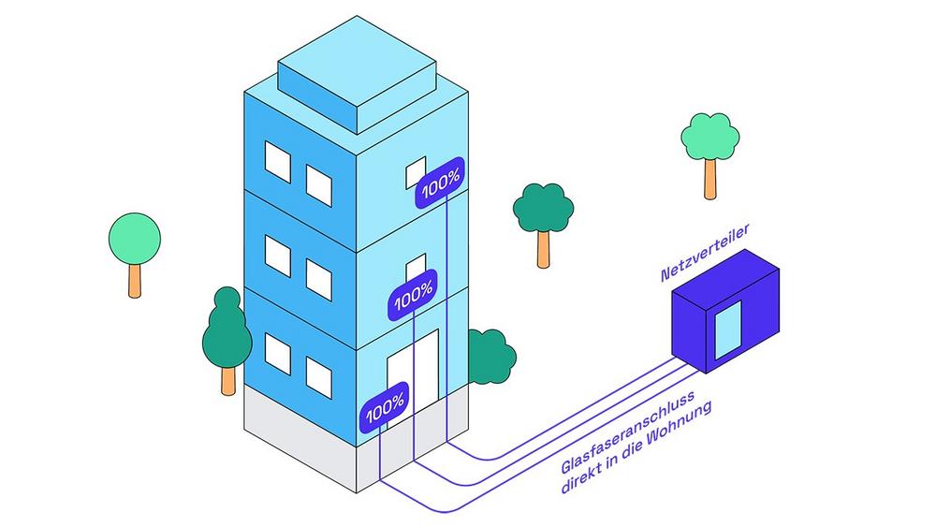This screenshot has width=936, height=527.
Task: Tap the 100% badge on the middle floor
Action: (x=413, y=301)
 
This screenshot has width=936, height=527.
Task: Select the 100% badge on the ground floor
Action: (x=384, y=408)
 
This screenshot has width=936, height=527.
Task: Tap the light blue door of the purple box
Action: (x=727, y=329)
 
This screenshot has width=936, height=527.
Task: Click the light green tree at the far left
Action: (x=134, y=239)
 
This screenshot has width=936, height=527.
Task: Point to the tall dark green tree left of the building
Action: (x=227, y=332)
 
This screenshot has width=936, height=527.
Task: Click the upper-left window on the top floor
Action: (x=278, y=160)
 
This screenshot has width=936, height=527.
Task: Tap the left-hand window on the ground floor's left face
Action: (x=278, y=352)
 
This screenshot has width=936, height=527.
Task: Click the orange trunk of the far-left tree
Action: (x=135, y=280)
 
